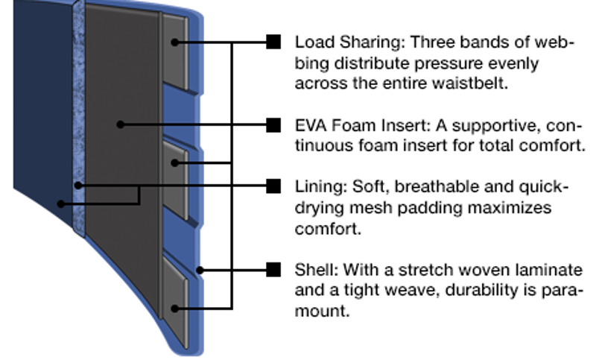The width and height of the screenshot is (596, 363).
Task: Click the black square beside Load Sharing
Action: coord(273,42)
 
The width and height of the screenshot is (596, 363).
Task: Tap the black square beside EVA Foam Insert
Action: coord(273,124)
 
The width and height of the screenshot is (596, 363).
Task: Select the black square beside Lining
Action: coord(273,184)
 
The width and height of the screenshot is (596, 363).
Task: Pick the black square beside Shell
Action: coord(273,268)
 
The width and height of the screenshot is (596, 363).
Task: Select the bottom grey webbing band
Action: coord(177,298)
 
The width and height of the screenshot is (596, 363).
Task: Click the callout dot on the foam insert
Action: coord(120,124)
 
